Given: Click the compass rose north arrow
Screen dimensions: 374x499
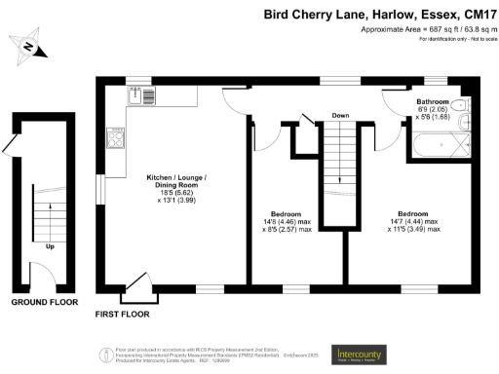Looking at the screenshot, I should (29, 46).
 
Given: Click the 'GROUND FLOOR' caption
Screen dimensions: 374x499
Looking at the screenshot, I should (44, 303).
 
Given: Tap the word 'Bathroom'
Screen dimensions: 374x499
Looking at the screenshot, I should (433, 101).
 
